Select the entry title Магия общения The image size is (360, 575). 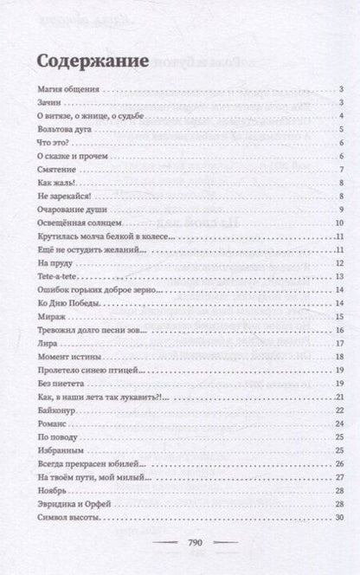68,89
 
